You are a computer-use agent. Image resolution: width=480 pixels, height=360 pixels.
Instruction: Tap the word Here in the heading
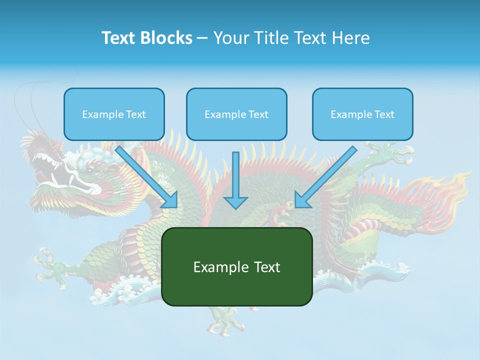(x=350, y=38)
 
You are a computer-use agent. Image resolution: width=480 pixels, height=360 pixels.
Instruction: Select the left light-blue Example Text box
(x=114, y=114)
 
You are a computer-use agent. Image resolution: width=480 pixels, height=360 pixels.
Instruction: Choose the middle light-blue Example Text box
(x=236, y=114)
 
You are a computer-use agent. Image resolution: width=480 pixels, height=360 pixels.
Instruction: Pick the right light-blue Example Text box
(x=362, y=114)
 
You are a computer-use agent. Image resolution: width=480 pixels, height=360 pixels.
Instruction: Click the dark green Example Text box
(x=236, y=266)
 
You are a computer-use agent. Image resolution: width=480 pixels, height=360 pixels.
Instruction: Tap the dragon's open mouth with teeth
(x=55, y=170)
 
